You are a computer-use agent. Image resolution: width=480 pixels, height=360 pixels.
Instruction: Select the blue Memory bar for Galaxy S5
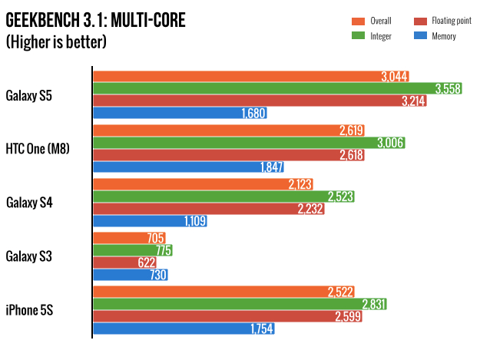[x=170, y=114]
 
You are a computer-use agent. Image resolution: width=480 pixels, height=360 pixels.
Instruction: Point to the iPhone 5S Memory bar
[x=184, y=329]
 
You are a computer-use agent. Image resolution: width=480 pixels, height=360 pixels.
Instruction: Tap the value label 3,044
[x=393, y=76]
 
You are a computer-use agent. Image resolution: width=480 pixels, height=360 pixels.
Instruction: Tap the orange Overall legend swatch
[x=358, y=21]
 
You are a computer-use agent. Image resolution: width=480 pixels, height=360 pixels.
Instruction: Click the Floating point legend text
[x=450, y=21]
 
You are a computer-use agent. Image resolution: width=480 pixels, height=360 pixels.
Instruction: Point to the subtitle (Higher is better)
[x=56, y=42]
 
